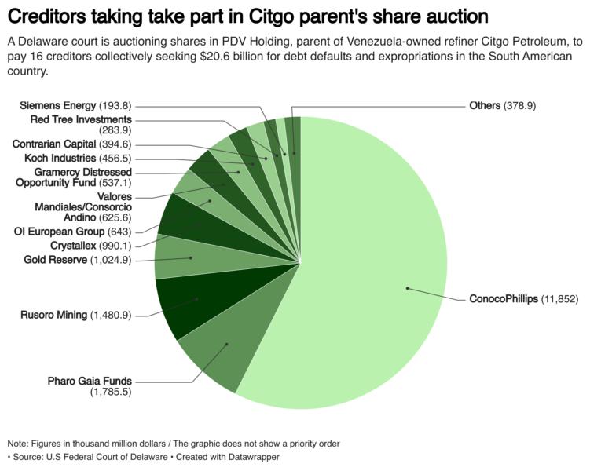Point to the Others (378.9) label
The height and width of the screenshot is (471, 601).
point(502,105)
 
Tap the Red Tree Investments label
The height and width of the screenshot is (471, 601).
point(81,119)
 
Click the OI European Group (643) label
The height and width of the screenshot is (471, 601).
point(73,231)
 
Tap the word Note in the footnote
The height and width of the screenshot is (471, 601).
point(17,444)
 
